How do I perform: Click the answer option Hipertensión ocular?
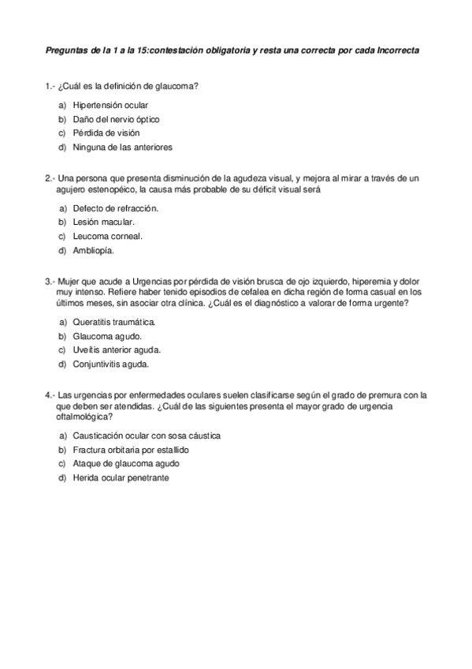coord(110,105)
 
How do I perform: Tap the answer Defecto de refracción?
coord(115,208)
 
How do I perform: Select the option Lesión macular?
coord(103,222)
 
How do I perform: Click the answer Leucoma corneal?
coord(107,237)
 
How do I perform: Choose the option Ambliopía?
coord(93,251)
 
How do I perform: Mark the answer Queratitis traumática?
coord(113,323)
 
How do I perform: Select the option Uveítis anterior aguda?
coord(117,350)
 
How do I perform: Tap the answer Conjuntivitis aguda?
coord(110,364)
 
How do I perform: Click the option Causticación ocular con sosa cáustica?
coord(146,435)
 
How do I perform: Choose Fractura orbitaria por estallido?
coord(130,450)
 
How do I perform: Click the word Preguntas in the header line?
coord(66,50)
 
